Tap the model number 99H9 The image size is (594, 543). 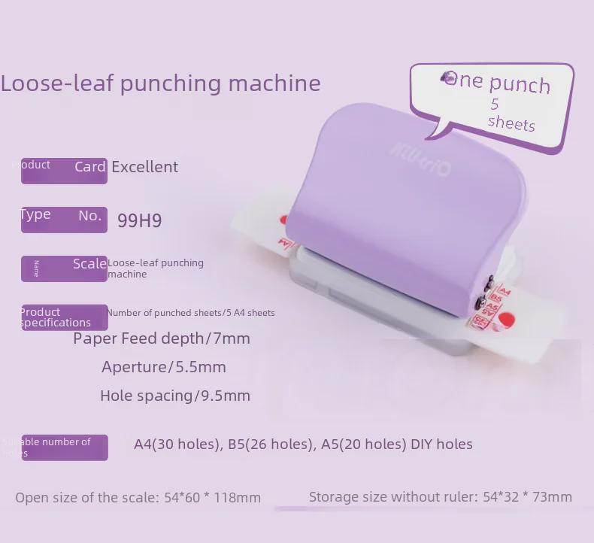click(x=139, y=220)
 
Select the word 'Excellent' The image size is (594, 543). click(x=144, y=167)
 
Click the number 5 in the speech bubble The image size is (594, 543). click(x=495, y=104)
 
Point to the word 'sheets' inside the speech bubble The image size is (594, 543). click(x=511, y=123)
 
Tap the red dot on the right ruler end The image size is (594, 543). click(x=506, y=320)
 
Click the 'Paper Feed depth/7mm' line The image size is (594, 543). click(x=162, y=338)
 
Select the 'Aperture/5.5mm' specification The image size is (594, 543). click(x=163, y=367)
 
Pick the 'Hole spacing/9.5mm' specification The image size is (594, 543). click(x=174, y=396)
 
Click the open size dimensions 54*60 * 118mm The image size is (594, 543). click(x=212, y=497)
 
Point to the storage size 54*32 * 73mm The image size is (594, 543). click(x=527, y=496)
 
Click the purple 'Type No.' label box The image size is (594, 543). click(x=64, y=219)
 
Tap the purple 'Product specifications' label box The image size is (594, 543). click(x=64, y=317)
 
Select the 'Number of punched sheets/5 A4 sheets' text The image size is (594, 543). click(x=190, y=313)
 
